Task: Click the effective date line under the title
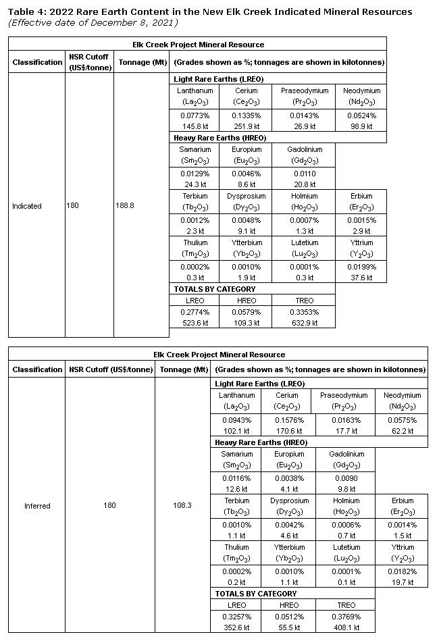pos(92,22)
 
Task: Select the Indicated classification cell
pos(27,206)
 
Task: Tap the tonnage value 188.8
pos(125,206)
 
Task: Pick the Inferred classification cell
pos(37,506)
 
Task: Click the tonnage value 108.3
pos(182,506)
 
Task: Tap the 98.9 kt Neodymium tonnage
pos(361,127)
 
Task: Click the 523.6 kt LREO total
pos(195,323)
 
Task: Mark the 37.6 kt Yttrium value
pos(361,278)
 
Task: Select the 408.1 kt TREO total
pos(344,627)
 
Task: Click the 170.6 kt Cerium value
pos(287,431)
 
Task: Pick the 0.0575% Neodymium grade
pos(402,420)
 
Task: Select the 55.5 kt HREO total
pos(288,627)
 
